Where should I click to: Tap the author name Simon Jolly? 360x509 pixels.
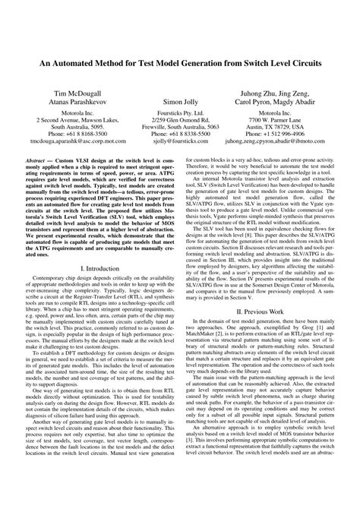point(180,100)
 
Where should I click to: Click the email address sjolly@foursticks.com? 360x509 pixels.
point(180,141)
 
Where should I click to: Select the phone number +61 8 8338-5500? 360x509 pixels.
point(180,133)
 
